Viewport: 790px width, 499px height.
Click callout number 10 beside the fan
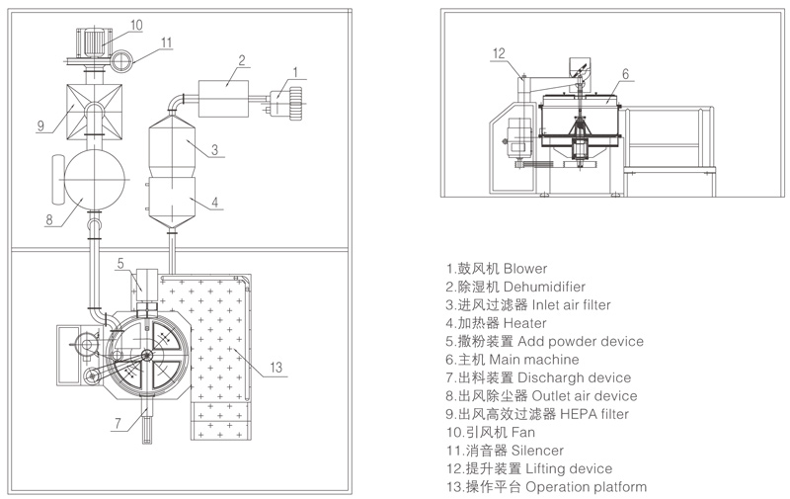point(136,23)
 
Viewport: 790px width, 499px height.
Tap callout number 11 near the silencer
point(167,42)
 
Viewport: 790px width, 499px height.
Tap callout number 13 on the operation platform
point(277,368)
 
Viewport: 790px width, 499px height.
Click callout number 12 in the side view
point(499,53)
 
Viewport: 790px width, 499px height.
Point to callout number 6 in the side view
point(625,73)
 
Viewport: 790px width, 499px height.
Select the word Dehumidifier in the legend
point(548,286)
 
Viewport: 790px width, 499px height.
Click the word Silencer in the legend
point(531,450)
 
